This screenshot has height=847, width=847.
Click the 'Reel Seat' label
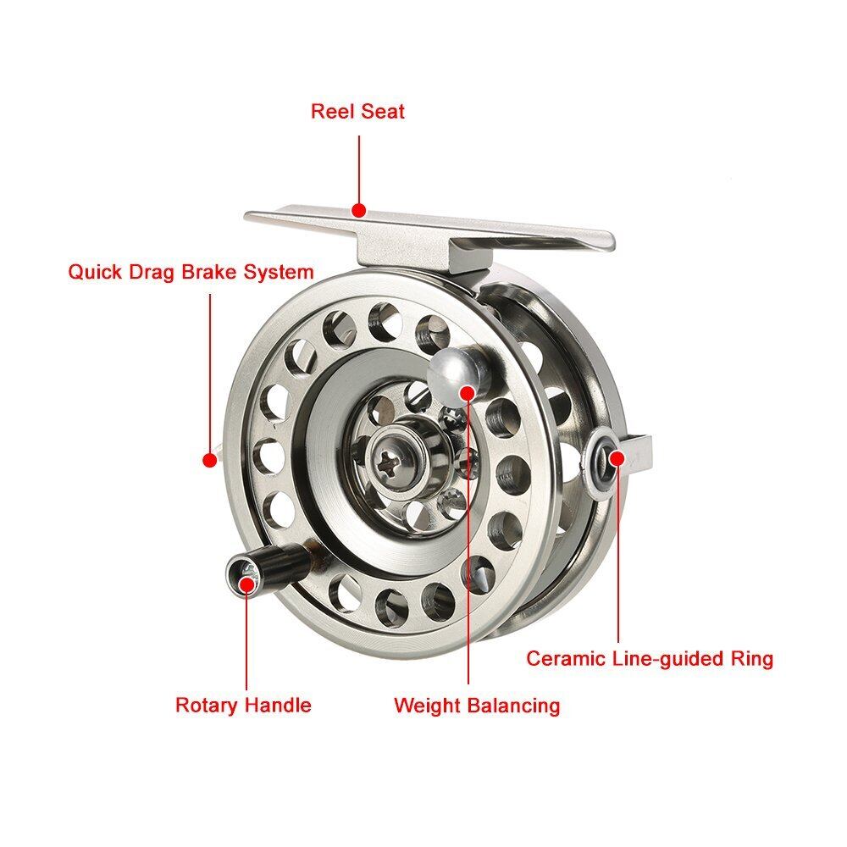[357, 111]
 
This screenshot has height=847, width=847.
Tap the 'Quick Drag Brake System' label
[191, 273]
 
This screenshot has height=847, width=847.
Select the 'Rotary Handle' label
[243, 705]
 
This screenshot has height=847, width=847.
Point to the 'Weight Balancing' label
[477, 705]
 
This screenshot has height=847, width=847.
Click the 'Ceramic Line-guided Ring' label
[650, 658]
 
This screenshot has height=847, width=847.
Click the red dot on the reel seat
[358, 209]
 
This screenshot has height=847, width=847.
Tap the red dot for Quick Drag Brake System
[208, 459]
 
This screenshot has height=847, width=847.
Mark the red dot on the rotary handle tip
[246, 581]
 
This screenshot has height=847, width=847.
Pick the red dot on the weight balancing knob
[468, 390]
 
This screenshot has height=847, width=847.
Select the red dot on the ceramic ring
[617, 458]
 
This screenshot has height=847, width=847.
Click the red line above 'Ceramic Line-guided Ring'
[617, 551]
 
